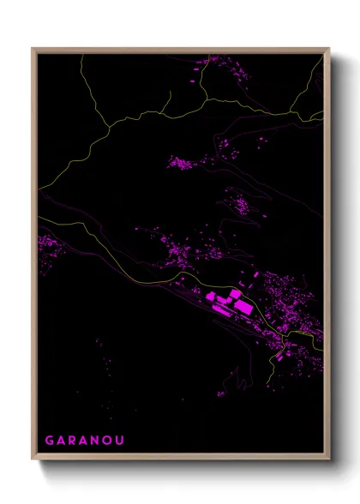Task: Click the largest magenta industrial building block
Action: [x=241, y=305]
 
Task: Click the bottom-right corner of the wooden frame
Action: [x=328, y=459]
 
